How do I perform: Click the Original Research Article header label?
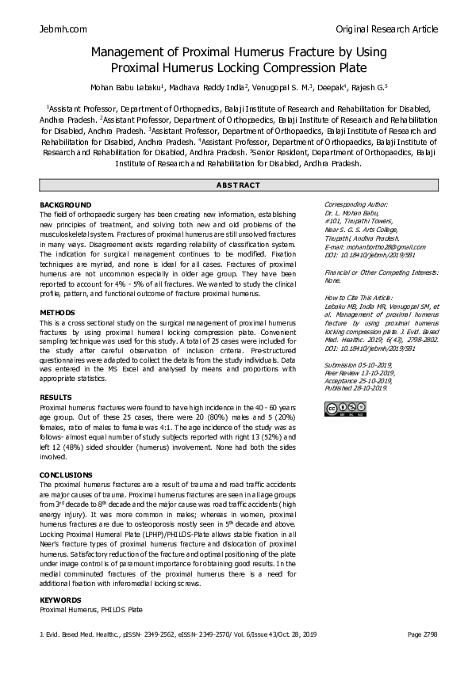(386, 29)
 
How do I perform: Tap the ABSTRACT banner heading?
(238, 185)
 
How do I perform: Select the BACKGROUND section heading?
(65, 205)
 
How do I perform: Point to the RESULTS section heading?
(56, 397)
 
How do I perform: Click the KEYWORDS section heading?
(60, 600)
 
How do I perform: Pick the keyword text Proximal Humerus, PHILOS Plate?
(91, 610)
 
